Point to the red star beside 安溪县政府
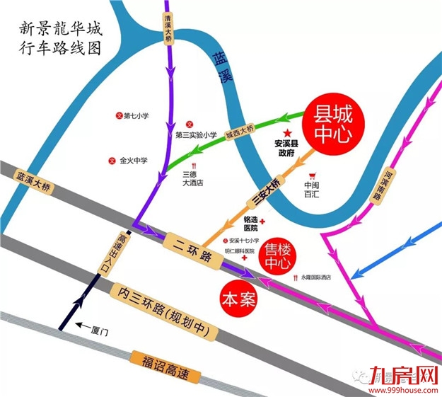(287, 132)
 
